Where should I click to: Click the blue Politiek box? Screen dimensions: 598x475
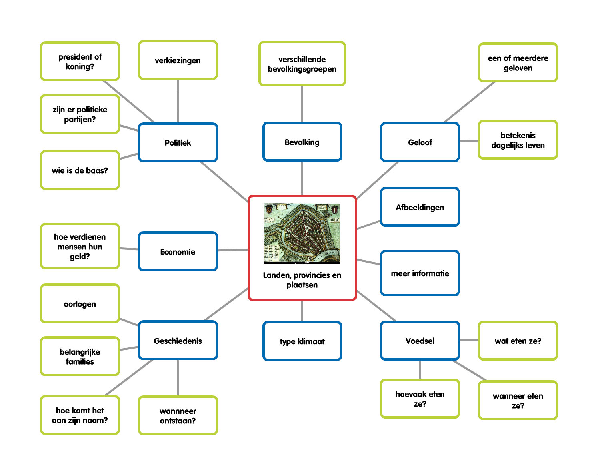178,142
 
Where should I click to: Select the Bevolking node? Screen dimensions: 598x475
302,142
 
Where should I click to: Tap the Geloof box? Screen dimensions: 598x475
420,142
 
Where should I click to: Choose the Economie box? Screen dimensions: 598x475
178,251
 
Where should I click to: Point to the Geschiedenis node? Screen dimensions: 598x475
178,341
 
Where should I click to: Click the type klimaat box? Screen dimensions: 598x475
302,341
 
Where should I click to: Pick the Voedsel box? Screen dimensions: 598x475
420,341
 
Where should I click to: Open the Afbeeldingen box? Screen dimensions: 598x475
420,207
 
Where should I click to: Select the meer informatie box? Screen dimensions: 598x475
420,273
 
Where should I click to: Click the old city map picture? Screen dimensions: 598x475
302,233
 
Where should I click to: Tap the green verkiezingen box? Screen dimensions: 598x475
178,60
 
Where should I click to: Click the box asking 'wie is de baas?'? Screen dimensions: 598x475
80,170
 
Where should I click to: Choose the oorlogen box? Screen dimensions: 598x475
80,303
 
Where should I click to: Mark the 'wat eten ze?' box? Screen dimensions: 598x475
518,341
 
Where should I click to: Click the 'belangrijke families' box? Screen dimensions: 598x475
80,356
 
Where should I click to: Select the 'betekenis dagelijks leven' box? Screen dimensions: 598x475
518,140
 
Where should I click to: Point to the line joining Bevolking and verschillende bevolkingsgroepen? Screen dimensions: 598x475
302,104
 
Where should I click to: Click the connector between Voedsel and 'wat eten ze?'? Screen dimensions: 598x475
469,341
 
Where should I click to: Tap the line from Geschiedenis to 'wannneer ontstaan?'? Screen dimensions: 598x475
178,378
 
